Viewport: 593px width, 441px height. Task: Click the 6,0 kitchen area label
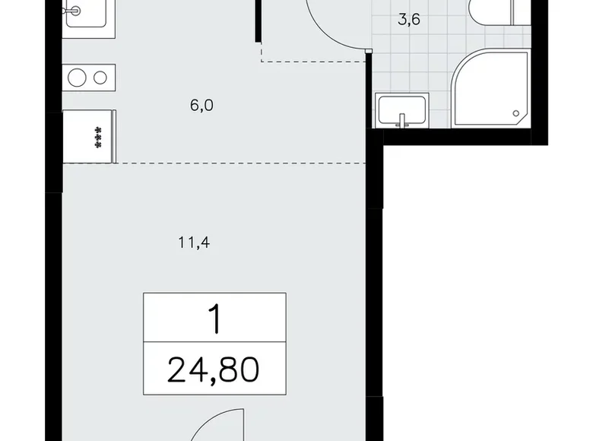(201, 106)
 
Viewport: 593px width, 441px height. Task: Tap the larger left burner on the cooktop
(77, 77)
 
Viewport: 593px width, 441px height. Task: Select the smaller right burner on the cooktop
(100, 77)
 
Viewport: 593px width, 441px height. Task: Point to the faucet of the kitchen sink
(77, 11)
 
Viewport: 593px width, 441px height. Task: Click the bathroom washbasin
(401, 110)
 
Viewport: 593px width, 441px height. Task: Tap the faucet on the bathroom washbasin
(401, 119)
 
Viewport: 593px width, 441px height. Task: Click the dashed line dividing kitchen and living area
(228, 163)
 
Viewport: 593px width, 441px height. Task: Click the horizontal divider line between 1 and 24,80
(214, 343)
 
